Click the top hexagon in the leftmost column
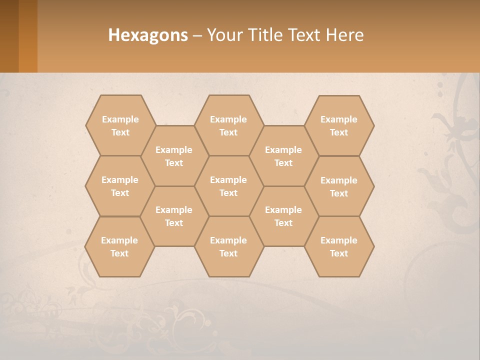(120, 125)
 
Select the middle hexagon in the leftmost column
(120, 186)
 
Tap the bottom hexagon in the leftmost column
(119, 246)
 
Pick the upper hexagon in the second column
(174, 156)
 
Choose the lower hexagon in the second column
(174, 216)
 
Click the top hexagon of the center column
(228, 125)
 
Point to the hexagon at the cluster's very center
(228, 186)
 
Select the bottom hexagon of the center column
(228, 246)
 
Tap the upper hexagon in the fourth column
(283, 156)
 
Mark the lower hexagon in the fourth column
(283, 216)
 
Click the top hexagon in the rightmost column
(339, 125)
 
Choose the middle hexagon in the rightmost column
(339, 186)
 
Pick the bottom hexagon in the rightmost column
(339, 246)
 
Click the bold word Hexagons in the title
(148, 35)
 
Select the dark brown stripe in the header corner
(9, 36)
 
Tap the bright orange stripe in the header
(28, 36)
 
